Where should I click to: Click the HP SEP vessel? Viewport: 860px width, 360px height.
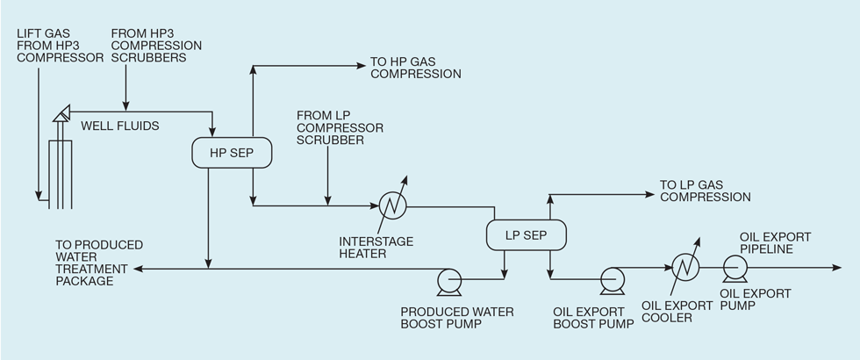231,153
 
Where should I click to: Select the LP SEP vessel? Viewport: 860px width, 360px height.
526,234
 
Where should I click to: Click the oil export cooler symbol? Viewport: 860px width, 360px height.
684,263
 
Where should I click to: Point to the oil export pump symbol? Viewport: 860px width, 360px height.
734,264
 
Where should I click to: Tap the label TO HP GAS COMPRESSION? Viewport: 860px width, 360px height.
415,68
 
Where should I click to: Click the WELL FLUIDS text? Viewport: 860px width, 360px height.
120,126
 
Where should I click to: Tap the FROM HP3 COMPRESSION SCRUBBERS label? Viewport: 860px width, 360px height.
156,46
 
